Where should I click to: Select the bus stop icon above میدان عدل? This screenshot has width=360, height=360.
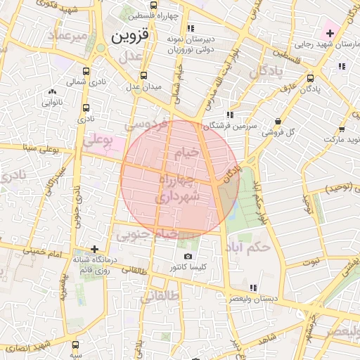click(x=144, y=76)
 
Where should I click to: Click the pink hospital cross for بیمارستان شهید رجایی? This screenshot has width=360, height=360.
click(x=329, y=33)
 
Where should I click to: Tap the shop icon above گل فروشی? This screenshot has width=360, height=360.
click(x=278, y=120)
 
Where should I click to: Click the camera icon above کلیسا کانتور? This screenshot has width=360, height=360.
click(x=188, y=257)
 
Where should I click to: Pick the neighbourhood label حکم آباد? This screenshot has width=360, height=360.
click(x=250, y=247)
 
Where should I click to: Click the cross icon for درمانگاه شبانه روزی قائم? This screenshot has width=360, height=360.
click(x=95, y=249)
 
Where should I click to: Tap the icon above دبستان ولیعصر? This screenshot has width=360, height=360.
click(x=253, y=287)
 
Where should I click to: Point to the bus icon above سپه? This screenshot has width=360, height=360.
click(x=75, y=345)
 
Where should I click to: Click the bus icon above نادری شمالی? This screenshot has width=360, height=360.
click(x=86, y=72)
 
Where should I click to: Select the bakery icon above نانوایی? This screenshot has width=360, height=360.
click(x=52, y=91)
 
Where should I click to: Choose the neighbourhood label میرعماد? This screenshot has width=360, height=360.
click(x=67, y=34)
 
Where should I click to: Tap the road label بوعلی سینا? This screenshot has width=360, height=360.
click(x=39, y=148)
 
